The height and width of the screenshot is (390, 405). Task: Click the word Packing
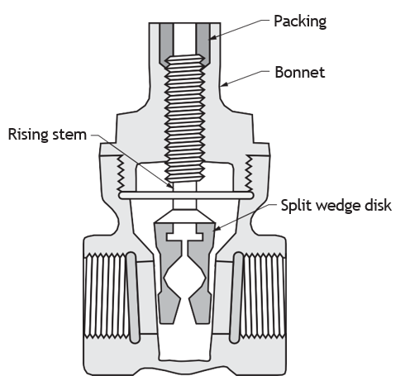(x=300, y=21)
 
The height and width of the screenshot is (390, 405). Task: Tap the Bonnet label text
(x=300, y=73)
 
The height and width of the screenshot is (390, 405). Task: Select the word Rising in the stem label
(x=28, y=135)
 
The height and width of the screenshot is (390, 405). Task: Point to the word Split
(x=296, y=206)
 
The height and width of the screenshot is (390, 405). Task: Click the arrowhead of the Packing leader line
(x=212, y=38)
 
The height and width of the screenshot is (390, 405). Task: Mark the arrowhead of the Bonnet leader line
(x=224, y=84)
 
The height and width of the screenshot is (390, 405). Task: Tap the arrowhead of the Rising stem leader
(x=171, y=186)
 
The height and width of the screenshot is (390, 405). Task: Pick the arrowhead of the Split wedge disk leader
(x=217, y=228)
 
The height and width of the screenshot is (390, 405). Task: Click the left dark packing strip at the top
(x=167, y=44)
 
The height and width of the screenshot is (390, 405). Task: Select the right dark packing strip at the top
(x=202, y=44)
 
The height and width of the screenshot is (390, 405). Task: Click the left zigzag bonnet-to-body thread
(x=121, y=173)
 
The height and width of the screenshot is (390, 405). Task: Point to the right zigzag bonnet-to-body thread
(x=249, y=173)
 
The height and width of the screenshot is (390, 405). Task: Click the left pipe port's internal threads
(x=105, y=296)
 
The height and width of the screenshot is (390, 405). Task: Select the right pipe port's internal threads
(x=264, y=296)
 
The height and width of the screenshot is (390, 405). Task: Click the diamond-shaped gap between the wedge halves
(x=185, y=279)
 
